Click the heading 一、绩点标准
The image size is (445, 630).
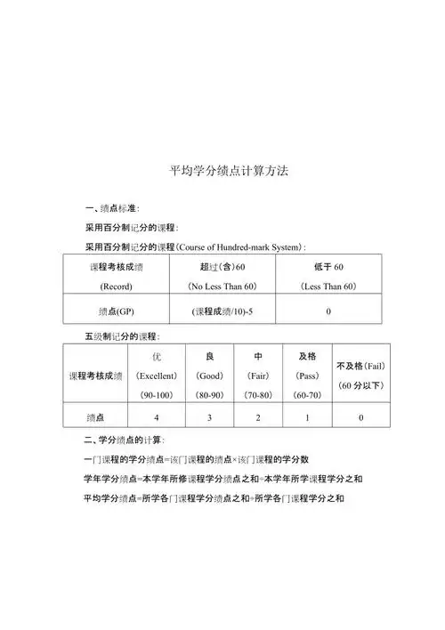click(111, 208)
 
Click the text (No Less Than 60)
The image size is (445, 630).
click(222, 287)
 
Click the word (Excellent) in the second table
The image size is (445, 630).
click(157, 376)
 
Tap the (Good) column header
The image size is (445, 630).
click(210, 376)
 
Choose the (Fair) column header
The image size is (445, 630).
click(257, 376)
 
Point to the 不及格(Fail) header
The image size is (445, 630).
click(360, 366)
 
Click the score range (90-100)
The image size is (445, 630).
click(157, 393)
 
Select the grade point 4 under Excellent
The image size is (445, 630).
click(157, 417)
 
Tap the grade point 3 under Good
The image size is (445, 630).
click(210, 417)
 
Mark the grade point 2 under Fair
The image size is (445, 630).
click(257, 417)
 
